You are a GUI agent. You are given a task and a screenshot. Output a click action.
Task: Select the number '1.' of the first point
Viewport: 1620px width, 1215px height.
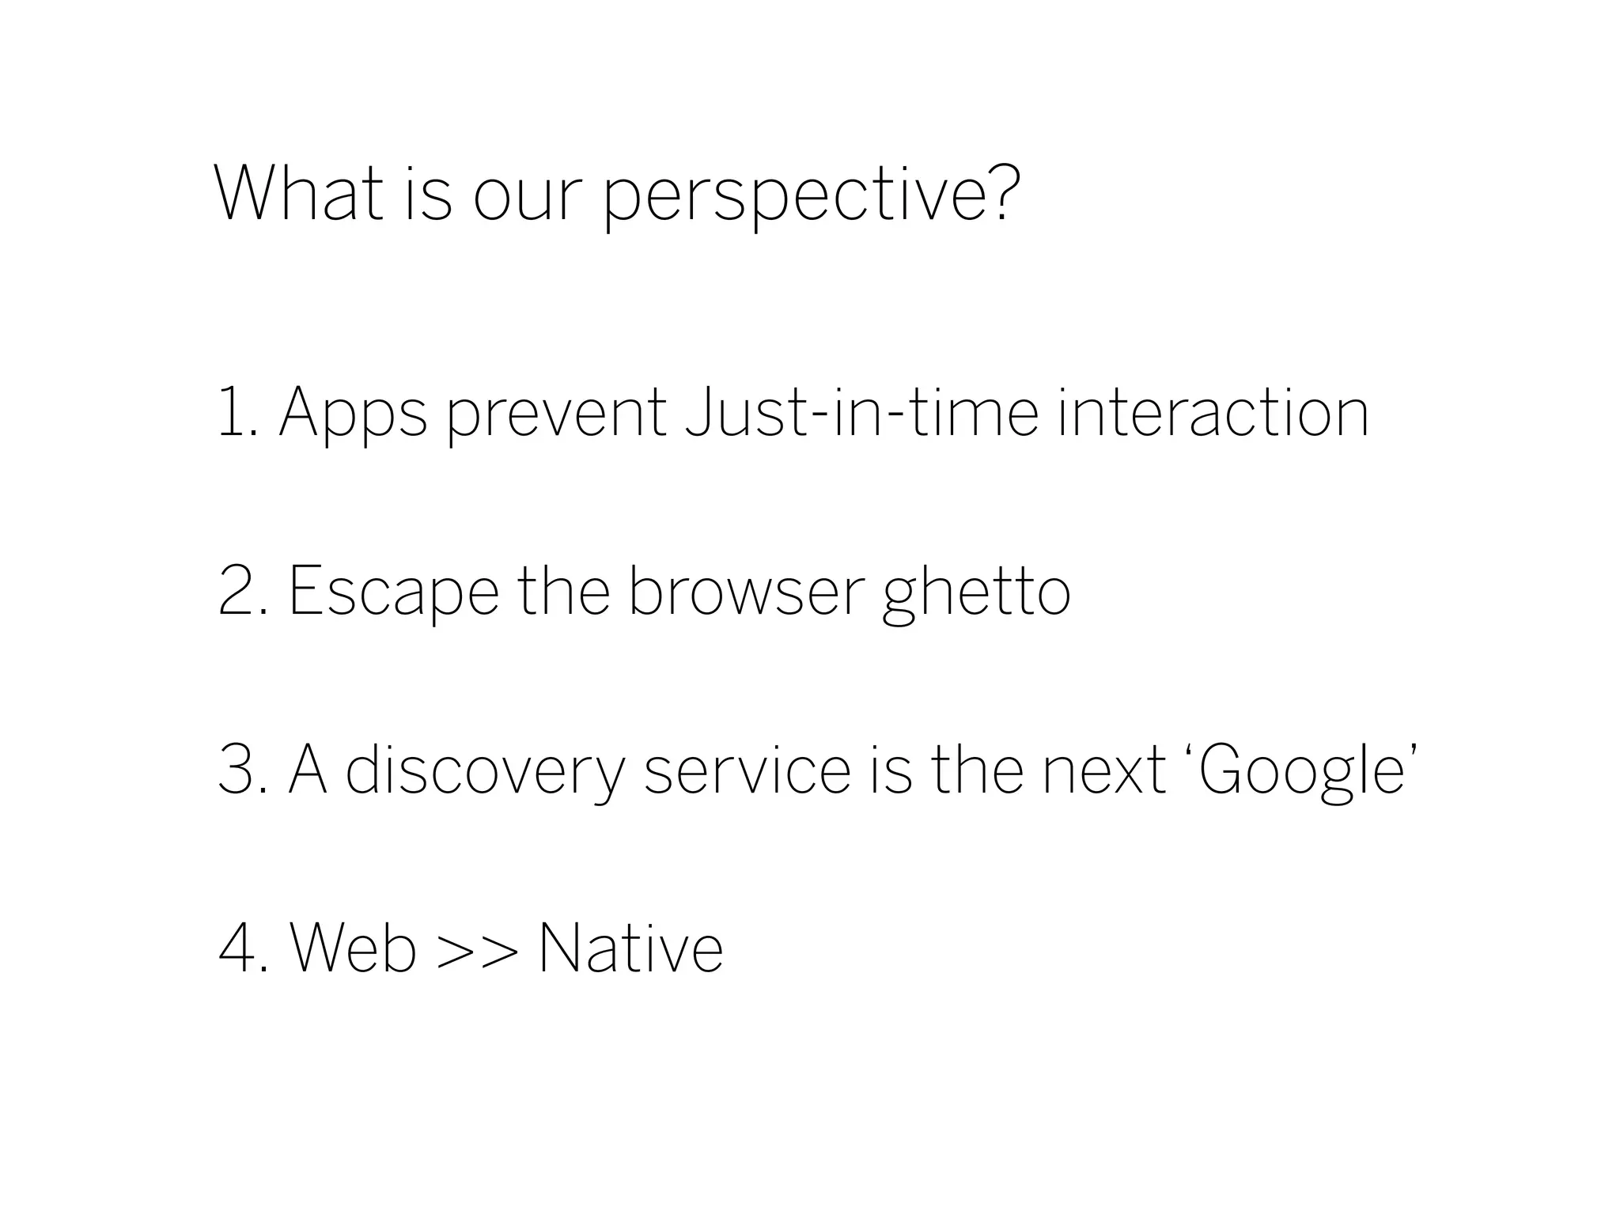click(x=238, y=411)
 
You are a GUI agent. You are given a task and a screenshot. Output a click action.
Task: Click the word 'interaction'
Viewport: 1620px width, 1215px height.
click(x=1213, y=411)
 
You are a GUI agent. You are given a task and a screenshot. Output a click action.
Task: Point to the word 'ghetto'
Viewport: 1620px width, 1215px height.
click(x=976, y=593)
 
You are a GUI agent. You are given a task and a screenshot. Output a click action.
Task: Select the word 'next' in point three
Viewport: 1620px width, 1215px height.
click(x=1104, y=770)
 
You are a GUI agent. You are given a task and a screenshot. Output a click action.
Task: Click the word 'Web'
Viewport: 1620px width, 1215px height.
click(x=354, y=948)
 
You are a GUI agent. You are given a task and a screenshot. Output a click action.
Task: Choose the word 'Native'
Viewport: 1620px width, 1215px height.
click(x=630, y=948)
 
